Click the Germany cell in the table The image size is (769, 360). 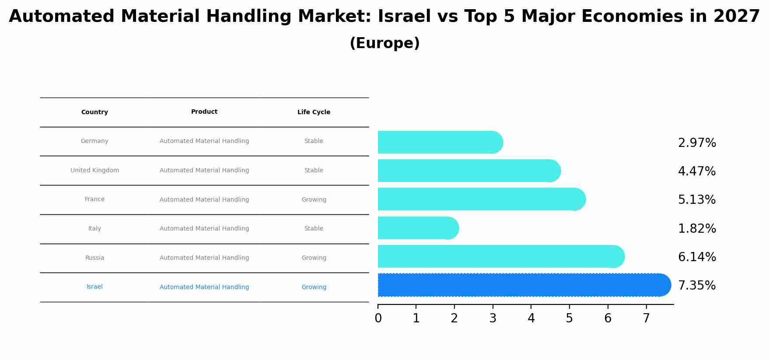tap(94, 141)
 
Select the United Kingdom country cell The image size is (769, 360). tap(94, 171)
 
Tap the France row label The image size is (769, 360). tap(94, 199)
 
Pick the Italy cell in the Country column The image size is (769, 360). tap(94, 229)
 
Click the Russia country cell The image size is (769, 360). tap(94, 258)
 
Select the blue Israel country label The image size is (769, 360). tap(94, 287)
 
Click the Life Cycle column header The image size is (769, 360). tap(314, 112)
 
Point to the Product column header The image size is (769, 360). tap(204, 112)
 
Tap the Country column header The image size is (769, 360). tap(94, 112)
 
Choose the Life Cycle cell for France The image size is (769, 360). tap(314, 200)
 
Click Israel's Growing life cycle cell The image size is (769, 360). tap(314, 287)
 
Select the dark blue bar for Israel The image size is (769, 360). tap(521, 285)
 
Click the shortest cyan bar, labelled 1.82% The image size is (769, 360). tap(416, 228)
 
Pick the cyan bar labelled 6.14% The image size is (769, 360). tap(499, 256)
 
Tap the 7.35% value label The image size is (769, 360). tap(697, 286)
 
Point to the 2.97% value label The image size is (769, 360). tap(697, 143)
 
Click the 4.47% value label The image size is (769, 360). tap(697, 171)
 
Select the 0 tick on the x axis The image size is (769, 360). tap(378, 318)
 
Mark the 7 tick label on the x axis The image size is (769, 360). tap(646, 318)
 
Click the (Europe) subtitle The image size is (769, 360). tap(384, 43)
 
